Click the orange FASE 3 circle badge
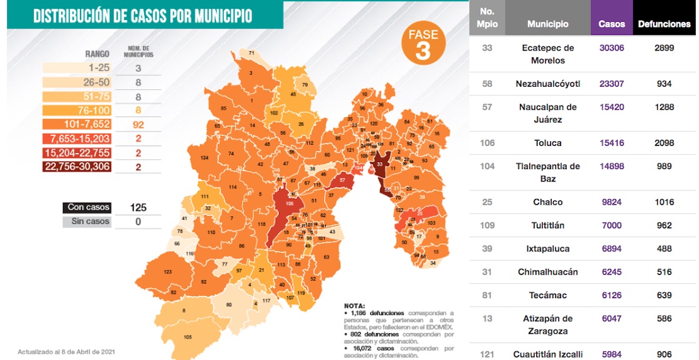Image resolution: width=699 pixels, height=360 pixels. tap(423, 43)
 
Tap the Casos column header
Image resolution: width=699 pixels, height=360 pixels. tap(611, 24)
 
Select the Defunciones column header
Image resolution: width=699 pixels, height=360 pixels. tap(664, 24)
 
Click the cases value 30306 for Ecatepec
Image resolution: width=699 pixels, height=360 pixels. tap(611, 48)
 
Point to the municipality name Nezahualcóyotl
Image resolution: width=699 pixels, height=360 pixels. tap(548, 84)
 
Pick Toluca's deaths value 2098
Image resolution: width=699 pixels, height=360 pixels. tap(664, 143)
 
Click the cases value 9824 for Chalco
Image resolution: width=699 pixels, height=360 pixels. tap(611, 202)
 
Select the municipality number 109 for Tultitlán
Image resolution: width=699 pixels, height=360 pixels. tap(487, 225)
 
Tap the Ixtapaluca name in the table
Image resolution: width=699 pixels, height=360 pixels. tap(548, 249)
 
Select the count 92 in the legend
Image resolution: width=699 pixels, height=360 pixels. tap(139, 124)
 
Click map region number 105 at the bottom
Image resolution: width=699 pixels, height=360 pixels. tap(188, 337)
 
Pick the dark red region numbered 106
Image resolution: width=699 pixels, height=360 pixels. tap(289, 203)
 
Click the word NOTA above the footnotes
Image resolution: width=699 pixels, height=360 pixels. tap(354, 306)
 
